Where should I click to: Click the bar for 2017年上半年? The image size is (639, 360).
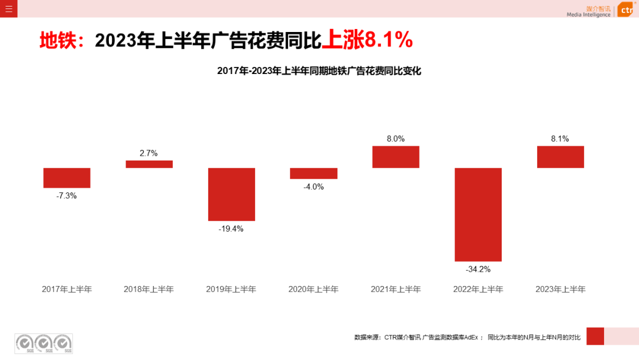click(x=67, y=178)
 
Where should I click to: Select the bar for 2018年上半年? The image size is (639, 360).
click(x=149, y=164)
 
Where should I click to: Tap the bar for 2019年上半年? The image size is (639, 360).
click(x=231, y=194)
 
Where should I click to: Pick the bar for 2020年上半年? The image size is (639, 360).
click(x=314, y=173)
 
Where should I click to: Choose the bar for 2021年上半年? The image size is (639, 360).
click(x=396, y=157)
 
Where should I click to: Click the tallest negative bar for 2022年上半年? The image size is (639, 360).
click(x=478, y=214)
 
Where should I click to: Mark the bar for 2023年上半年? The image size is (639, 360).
click(x=560, y=157)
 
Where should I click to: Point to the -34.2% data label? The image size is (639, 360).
click(x=478, y=269)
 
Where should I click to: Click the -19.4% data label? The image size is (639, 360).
click(x=231, y=229)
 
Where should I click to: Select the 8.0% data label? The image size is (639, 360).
click(x=396, y=139)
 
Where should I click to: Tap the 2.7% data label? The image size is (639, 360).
click(x=149, y=153)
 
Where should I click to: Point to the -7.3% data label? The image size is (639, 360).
click(x=67, y=195)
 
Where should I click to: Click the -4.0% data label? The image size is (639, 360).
click(x=314, y=187)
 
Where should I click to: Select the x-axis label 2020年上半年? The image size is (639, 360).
click(x=314, y=290)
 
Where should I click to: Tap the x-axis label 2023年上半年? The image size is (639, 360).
click(x=560, y=290)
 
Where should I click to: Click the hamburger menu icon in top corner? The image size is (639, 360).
click(x=8, y=8)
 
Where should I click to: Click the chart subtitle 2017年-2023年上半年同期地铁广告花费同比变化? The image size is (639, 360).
click(x=319, y=71)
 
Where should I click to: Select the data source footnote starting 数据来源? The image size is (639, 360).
click(x=467, y=337)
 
